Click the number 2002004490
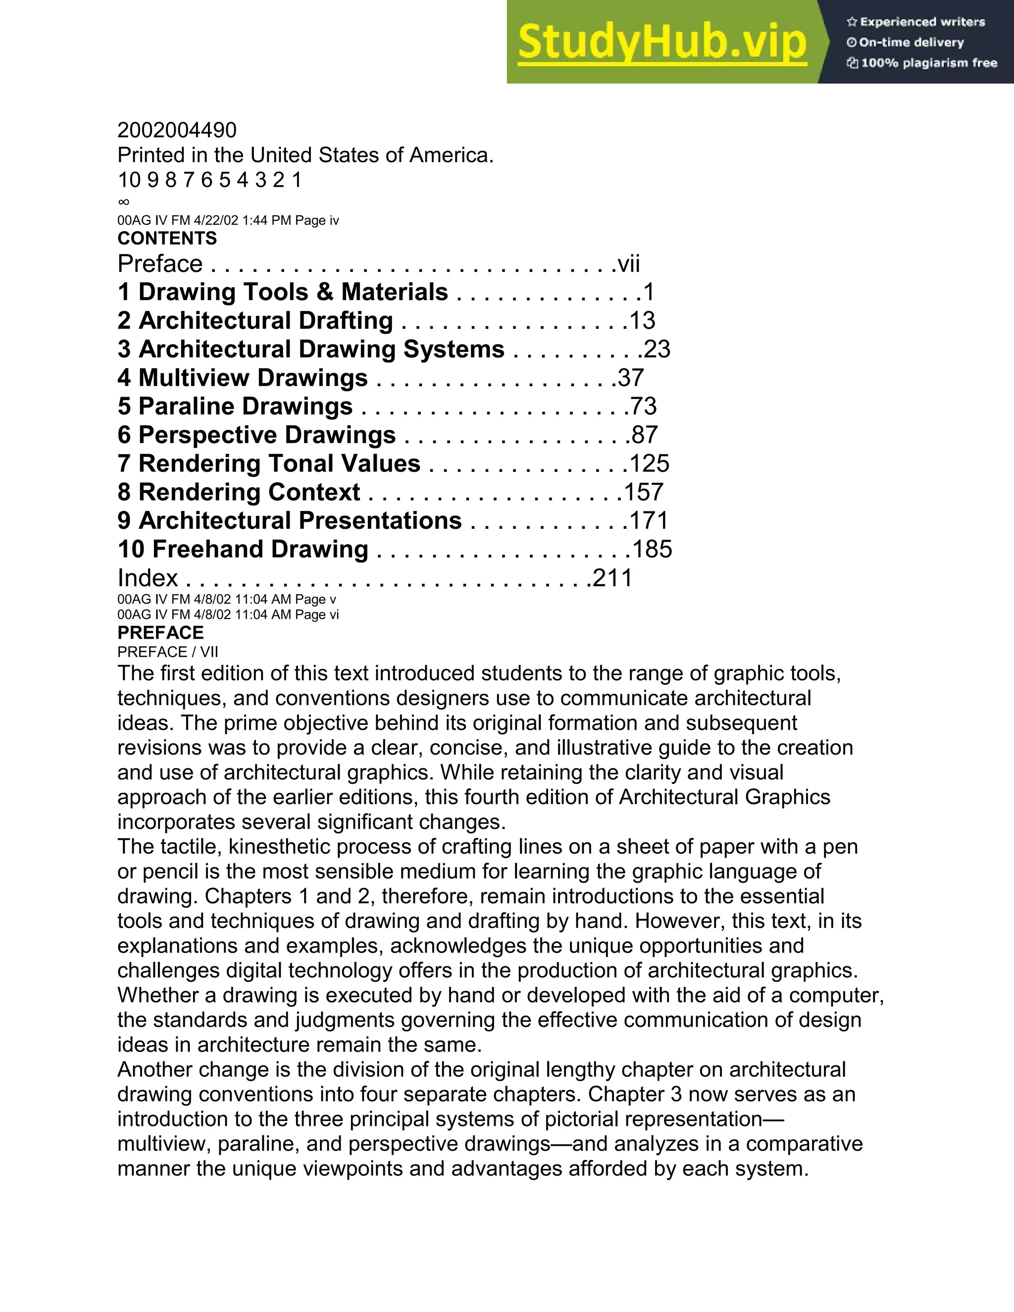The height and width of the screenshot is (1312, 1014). [x=177, y=130]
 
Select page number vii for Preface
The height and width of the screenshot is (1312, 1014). [x=628, y=264]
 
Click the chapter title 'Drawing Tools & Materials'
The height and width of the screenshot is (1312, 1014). [x=293, y=292]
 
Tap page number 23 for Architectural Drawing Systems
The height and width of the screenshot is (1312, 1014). [x=657, y=349]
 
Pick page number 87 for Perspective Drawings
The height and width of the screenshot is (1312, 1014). [x=645, y=435]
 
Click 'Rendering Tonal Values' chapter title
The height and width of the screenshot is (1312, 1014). [x=279, y=464]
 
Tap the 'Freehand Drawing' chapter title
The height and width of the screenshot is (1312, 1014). [x=259, y=549]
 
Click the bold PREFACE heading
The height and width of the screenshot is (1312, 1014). [x=160, y=633]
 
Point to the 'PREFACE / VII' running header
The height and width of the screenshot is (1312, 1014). [x=168, y=652]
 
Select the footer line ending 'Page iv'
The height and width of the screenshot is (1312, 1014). [x=228, y=220]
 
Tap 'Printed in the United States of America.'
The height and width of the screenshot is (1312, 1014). [x=305, y=155]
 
